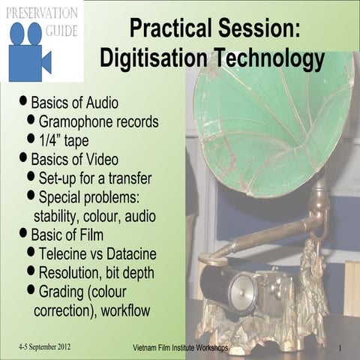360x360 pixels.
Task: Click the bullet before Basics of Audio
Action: coord(24,100)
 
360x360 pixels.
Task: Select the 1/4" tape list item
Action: coord(65,139)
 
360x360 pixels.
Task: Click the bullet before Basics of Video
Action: coord(24,158)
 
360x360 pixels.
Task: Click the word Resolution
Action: coord(73,271)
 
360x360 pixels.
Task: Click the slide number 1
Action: coord(340,349)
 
